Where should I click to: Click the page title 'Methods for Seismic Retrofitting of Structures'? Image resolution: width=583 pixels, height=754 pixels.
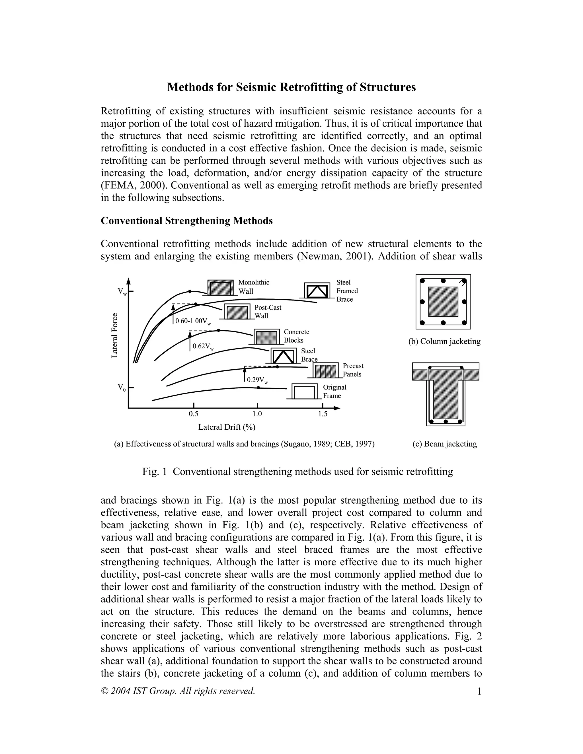click(x=291, y=87)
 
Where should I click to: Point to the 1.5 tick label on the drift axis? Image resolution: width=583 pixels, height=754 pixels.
click(x=322, y=414)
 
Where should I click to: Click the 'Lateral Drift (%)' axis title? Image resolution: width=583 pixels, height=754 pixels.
click(x=227, y=427)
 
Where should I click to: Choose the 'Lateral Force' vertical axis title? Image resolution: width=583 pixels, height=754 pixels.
click(x=115, y=335)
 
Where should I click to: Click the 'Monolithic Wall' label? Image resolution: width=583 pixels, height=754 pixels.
click(x=254, y=287)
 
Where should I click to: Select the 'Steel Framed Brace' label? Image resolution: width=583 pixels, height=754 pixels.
click(x=347, y=291)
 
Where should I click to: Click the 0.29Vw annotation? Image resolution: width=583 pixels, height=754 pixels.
click(x=257, y=380)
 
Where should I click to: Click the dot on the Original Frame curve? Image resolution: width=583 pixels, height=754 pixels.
click(x=258, y=388)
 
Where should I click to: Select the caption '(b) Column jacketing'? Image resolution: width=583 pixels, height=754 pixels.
click(x=444, y=341)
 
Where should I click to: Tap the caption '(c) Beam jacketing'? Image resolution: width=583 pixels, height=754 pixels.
click(x=444, y=444)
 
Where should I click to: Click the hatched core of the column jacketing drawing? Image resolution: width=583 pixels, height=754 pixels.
click(x=443, y=302)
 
